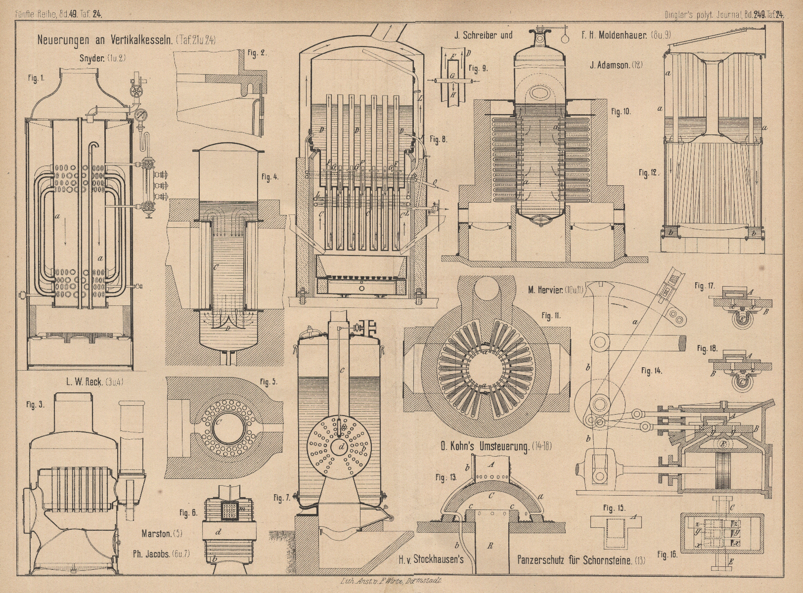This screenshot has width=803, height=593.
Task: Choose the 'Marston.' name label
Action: (x=157, y=534)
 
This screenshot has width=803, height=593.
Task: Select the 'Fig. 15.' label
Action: (x=615, y=508)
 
